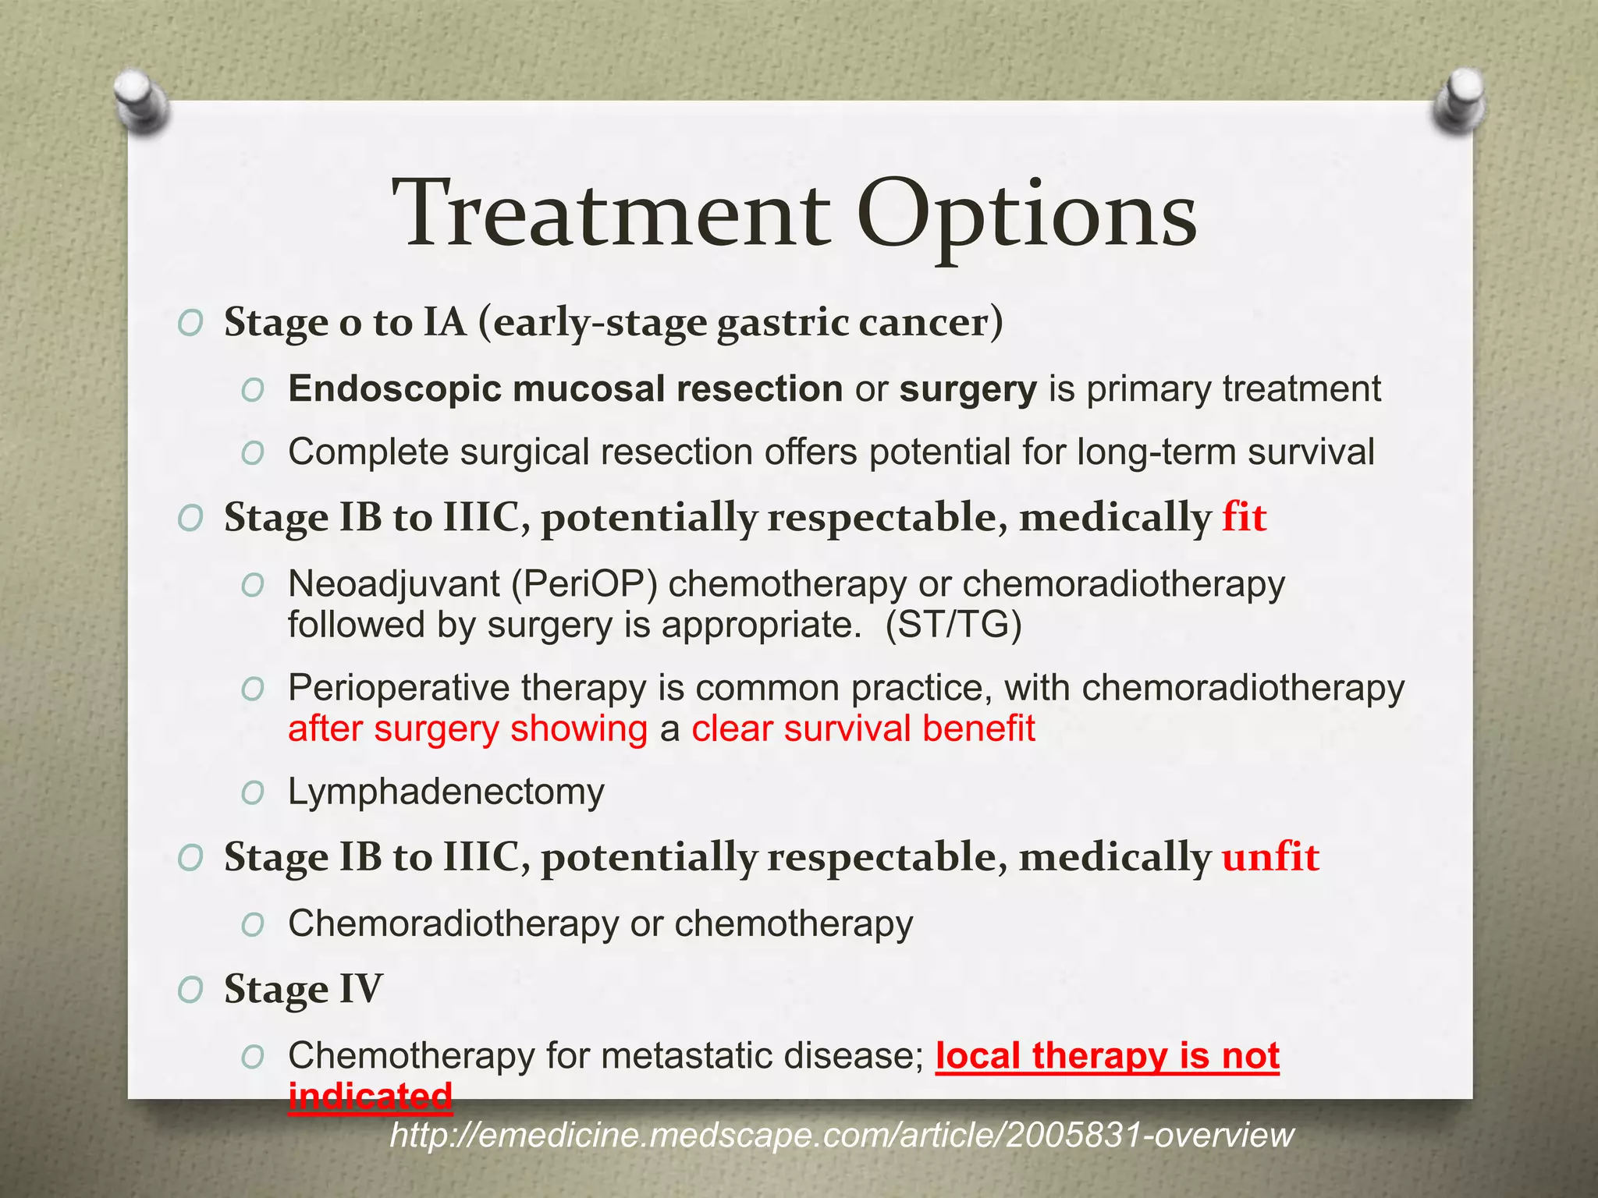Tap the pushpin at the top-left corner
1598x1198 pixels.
[140, 101]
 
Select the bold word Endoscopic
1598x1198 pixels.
[394, 389]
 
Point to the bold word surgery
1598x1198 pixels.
[968, 389]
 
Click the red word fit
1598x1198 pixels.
[1244, 517]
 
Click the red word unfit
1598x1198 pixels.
[1270, 857]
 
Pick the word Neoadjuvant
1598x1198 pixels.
[393, 584]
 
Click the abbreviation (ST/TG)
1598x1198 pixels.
[953, 625]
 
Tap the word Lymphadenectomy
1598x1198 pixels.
[446, 792]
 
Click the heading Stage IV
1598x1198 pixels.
[304, 990]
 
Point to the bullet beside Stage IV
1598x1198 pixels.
[190, 991]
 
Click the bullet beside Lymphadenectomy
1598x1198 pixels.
[252, 793]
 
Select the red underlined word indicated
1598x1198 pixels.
[370, 1096]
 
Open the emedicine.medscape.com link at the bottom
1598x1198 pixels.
[841, 1135]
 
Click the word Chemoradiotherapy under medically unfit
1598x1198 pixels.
[453, 924]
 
